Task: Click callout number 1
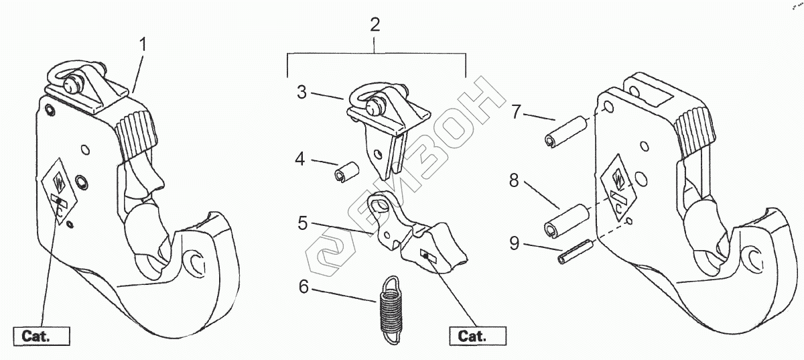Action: click(142, 46)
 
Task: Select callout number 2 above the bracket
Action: click(375, 25)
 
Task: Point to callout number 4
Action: click(299, 160)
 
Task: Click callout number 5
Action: click(303, 223)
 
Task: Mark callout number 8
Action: click(514, 180)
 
